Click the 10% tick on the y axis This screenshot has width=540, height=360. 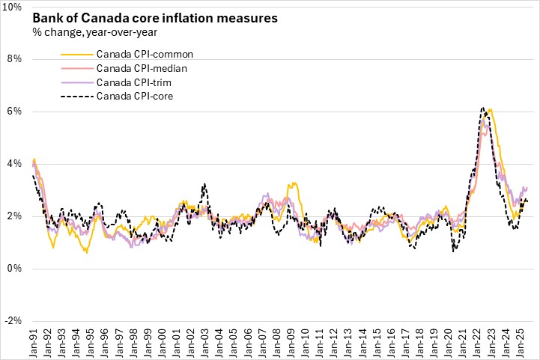(15, 7)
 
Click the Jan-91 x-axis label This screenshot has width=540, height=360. (34, 341)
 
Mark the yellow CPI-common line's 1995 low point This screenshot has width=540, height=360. (86, 253)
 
